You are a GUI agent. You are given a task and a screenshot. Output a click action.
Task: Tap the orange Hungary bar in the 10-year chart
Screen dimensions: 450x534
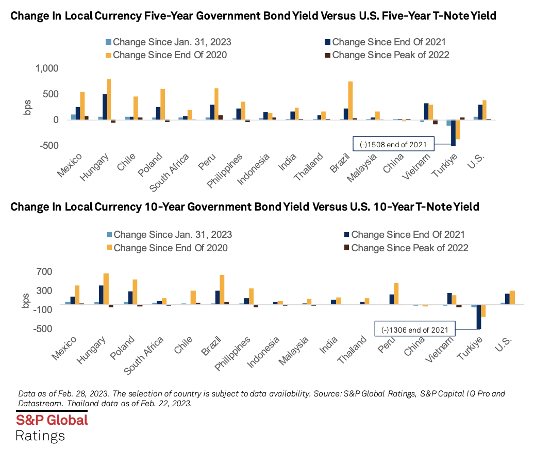tap(106, 289)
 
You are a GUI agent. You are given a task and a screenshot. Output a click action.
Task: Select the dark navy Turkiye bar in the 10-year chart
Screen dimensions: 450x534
tap(479, 317)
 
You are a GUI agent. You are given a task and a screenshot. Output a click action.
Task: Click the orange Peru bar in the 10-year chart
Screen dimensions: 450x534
tap(396, 293)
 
